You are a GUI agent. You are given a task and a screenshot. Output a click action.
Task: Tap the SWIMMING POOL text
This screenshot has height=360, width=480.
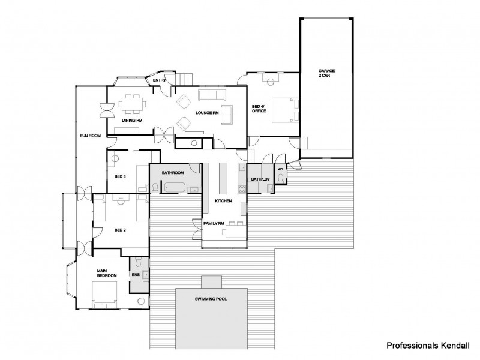211,299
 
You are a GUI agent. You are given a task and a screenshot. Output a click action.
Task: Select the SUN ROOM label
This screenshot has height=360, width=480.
89,136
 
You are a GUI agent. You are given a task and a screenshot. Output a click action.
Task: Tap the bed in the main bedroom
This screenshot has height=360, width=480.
105,295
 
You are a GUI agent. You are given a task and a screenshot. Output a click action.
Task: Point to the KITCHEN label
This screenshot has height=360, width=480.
223,201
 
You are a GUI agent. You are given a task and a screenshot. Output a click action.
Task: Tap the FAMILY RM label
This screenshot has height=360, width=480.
214,223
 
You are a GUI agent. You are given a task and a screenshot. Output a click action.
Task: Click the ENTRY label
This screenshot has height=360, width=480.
160,80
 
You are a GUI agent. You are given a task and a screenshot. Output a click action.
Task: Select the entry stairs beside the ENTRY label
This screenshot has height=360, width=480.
186,78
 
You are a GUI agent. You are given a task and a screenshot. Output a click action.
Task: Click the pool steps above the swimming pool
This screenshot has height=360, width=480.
211,281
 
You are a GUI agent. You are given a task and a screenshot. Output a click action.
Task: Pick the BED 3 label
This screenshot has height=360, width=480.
119,176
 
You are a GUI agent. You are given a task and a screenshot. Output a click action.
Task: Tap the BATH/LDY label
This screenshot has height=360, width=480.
259,179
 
